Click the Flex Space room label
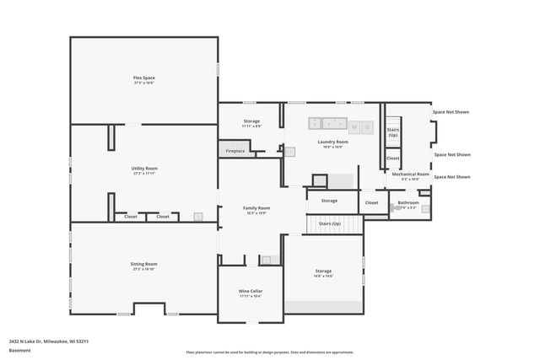(143, 78)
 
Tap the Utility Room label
(144, 169)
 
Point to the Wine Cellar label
(251, 291)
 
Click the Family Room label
(257, 208)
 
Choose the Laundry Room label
(332, 142)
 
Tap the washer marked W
(354, 127)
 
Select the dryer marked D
(367, 127)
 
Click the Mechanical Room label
(410, 175)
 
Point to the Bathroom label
(408, 202)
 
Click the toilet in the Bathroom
(424, 206)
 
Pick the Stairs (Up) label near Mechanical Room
(392, 132)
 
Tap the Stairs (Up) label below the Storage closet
(329, 223)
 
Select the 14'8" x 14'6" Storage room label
(323, 272)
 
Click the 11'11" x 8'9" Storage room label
(251, 121)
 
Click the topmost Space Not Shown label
(451, 112)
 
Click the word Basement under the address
(19, 350)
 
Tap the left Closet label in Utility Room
(131, 217)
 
